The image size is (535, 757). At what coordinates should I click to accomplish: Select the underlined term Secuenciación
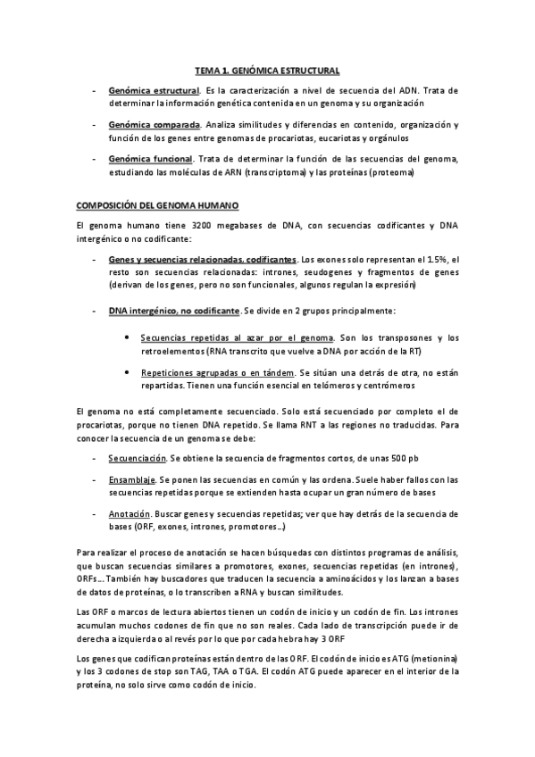pos(138,458)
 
